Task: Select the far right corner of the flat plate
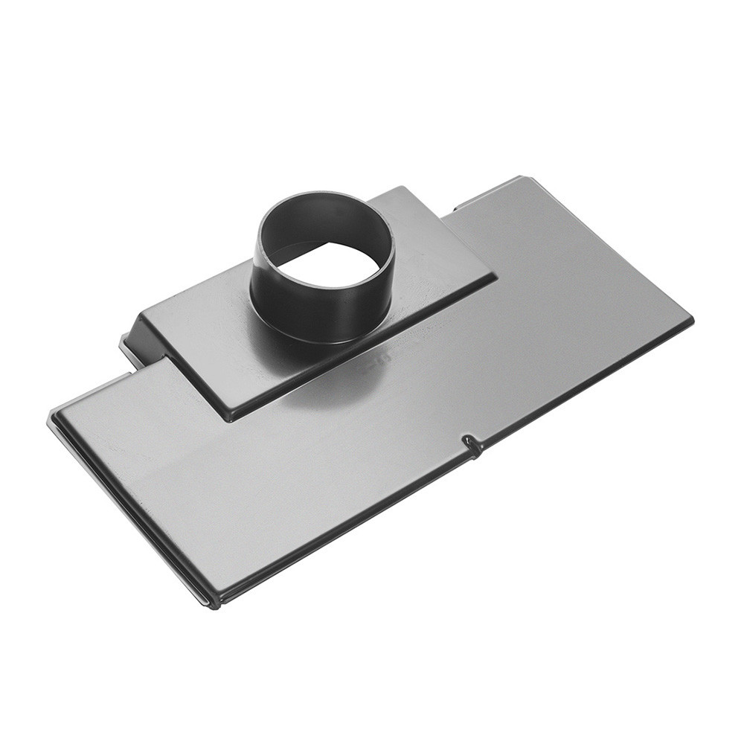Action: tap(690, 319)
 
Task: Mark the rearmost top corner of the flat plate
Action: tap(521, 179)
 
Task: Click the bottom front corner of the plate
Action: tap(211, 601)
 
